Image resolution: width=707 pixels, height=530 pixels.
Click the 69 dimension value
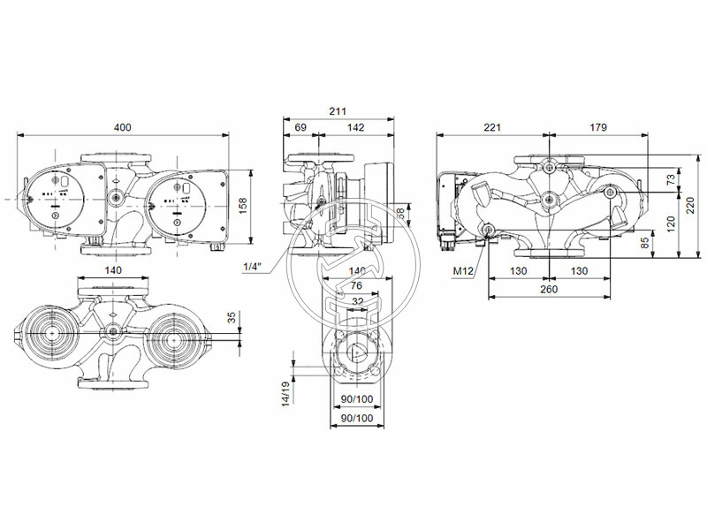pyautogui.click(x=300, y=128)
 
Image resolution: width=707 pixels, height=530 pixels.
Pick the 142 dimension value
pyautogui.click(x=355, y=128)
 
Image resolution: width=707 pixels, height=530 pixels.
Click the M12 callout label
pyautogui.click(x=463, y=271)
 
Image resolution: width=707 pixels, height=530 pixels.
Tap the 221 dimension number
pyautogui.click(x=492, y=128)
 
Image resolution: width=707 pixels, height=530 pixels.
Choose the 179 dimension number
pyautogui.click(x=598, y=128)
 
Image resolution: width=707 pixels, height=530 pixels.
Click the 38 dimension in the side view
pyautogui.click(x=399, y=214)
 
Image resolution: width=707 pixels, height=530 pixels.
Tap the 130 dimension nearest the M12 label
pyautogui.click(x=519, y=271)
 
